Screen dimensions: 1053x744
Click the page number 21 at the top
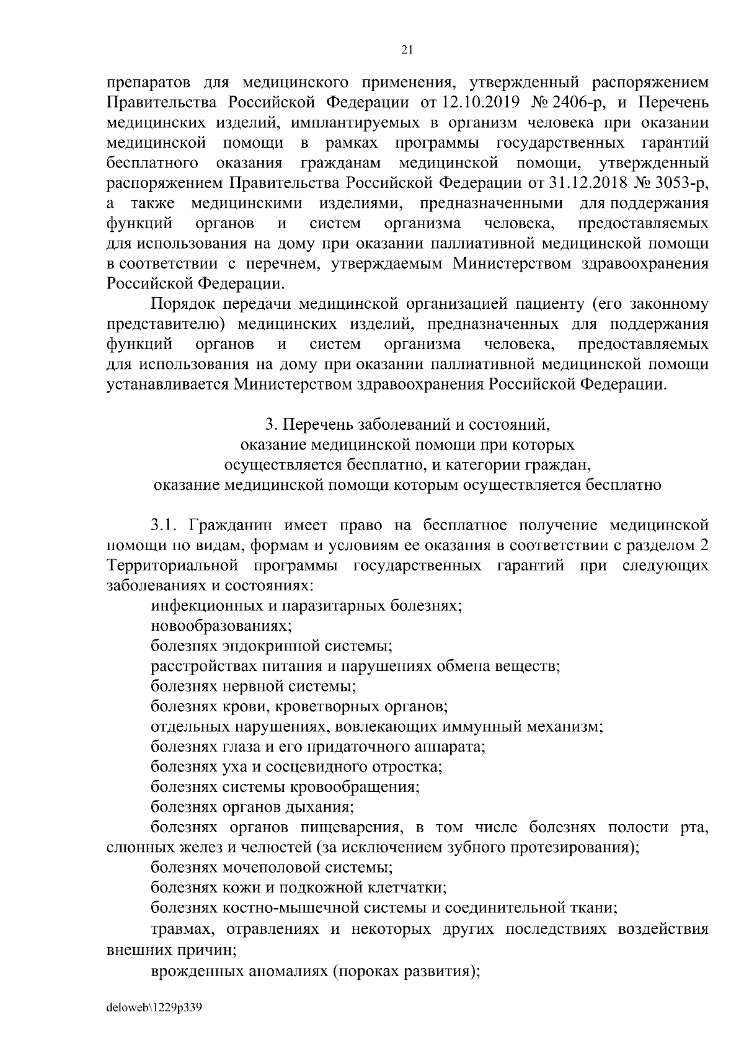[x=407, y=50]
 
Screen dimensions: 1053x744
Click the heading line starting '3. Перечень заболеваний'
[x=407, y=425]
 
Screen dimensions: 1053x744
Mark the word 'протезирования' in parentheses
[x=582, y=848]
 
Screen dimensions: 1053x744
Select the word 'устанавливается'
[x=168, y=384]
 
